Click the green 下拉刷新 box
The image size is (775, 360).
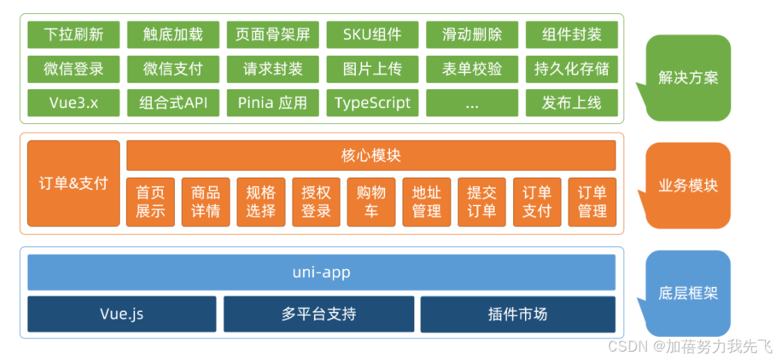73,34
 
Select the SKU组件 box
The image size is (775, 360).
372,34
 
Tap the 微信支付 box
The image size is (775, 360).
173,69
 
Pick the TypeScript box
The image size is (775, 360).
372,103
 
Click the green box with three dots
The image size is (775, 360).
471,103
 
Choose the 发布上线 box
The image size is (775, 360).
571,103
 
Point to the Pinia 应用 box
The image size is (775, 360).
272,103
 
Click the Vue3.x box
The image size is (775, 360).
73,103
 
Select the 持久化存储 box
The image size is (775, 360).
571,69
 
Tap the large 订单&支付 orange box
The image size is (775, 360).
73,183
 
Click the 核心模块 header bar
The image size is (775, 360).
370,155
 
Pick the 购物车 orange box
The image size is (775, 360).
371,202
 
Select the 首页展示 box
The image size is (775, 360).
150,202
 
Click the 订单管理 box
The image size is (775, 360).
592,202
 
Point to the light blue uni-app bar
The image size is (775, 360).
321,272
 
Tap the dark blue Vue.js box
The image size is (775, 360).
122,314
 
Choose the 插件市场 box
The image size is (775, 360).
517,314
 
